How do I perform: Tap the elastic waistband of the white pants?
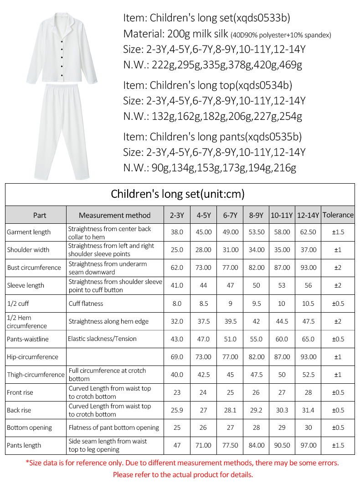click(x=62, y=88)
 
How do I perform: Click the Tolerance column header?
click(x=338, y=215)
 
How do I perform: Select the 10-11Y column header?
click(x=282, y=215)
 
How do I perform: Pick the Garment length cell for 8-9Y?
click(x=257, y=232)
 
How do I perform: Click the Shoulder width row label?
click(x=28, y=250)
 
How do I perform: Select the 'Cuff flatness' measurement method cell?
click(x=86, y=304)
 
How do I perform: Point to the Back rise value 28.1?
click(x=230, y=410)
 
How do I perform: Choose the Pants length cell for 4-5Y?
click(x=203, y=445)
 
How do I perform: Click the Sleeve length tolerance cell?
click(x=338, y=285)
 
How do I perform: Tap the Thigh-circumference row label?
click(x=36, y=375)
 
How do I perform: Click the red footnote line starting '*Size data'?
click(x=182, y=463)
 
